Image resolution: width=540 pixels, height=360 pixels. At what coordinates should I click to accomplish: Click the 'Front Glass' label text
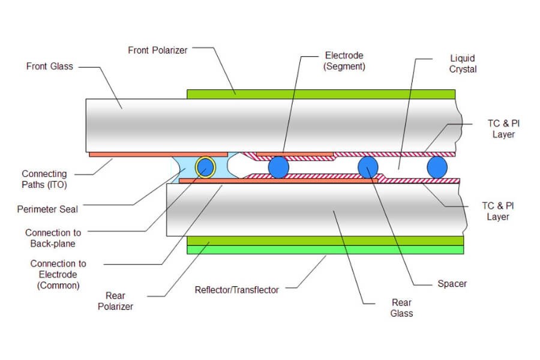pos(49,66)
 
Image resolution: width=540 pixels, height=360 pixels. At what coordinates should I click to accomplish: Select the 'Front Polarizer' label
pos(158,50)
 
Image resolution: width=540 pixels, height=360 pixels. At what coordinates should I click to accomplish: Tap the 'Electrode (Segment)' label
pos(344,61)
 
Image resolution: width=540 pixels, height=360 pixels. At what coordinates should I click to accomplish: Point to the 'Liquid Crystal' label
pos(463,64)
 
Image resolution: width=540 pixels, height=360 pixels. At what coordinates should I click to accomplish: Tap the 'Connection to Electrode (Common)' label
pos(58,274)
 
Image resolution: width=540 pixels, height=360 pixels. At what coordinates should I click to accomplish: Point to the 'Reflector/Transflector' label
pos(237,290)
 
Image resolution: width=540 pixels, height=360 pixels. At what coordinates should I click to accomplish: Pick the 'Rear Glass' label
pos(401,308)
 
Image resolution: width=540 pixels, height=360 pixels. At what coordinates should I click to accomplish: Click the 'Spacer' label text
pos(452,283)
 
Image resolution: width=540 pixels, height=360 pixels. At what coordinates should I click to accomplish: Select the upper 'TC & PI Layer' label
pos(503,128)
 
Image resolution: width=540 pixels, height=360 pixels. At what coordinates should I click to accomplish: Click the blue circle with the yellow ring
pos(205,167)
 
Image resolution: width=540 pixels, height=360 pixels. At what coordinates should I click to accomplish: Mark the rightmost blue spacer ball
pos(437,167)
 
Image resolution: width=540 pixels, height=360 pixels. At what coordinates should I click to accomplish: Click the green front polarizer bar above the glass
pos(321,94)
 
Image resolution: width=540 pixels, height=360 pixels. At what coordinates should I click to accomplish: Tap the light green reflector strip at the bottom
pos(325,250)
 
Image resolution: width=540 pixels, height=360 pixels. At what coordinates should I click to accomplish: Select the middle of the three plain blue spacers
pos(368,167)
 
